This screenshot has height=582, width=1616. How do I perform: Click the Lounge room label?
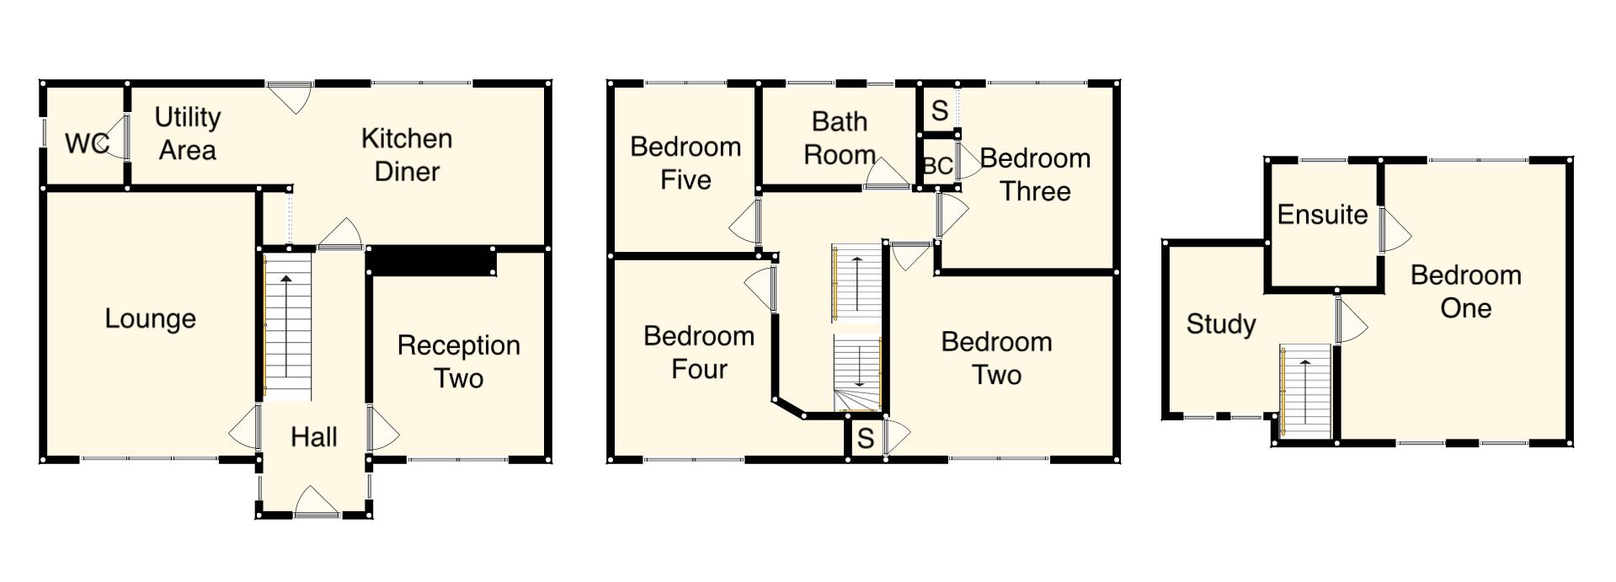[x=150, y=319]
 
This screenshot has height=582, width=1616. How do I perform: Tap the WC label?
[x=87, y=144]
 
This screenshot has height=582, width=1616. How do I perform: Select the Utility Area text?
[x=187, y=134]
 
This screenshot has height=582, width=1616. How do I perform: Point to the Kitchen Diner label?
[x=407, y=155]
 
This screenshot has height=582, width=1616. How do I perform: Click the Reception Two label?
[x=458, y=361]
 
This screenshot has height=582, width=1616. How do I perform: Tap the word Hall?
[x=313, y=437]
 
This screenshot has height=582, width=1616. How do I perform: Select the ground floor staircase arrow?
[x=286, y=325]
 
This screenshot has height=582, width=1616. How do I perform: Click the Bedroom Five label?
[x=685, y=163]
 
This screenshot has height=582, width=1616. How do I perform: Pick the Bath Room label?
[x=839, y=138]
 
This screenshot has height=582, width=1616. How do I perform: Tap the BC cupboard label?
[x=937, y=166]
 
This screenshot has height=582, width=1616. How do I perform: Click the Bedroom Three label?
[x=1035, y=174]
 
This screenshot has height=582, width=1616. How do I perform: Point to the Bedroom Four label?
[x=698, y=352]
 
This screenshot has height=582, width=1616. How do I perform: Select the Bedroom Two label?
[x=996, y=358]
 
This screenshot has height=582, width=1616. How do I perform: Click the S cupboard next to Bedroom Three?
[x=940, y=110]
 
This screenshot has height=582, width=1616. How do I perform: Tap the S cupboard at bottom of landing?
[x=865, y=439]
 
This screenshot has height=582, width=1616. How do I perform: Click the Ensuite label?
[x=1321, y=215]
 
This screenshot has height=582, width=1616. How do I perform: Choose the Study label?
[x=1220, y=324]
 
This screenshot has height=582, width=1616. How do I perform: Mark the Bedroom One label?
[x=1465, y=291]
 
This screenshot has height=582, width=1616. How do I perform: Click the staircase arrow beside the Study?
[x=1305, y=392]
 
